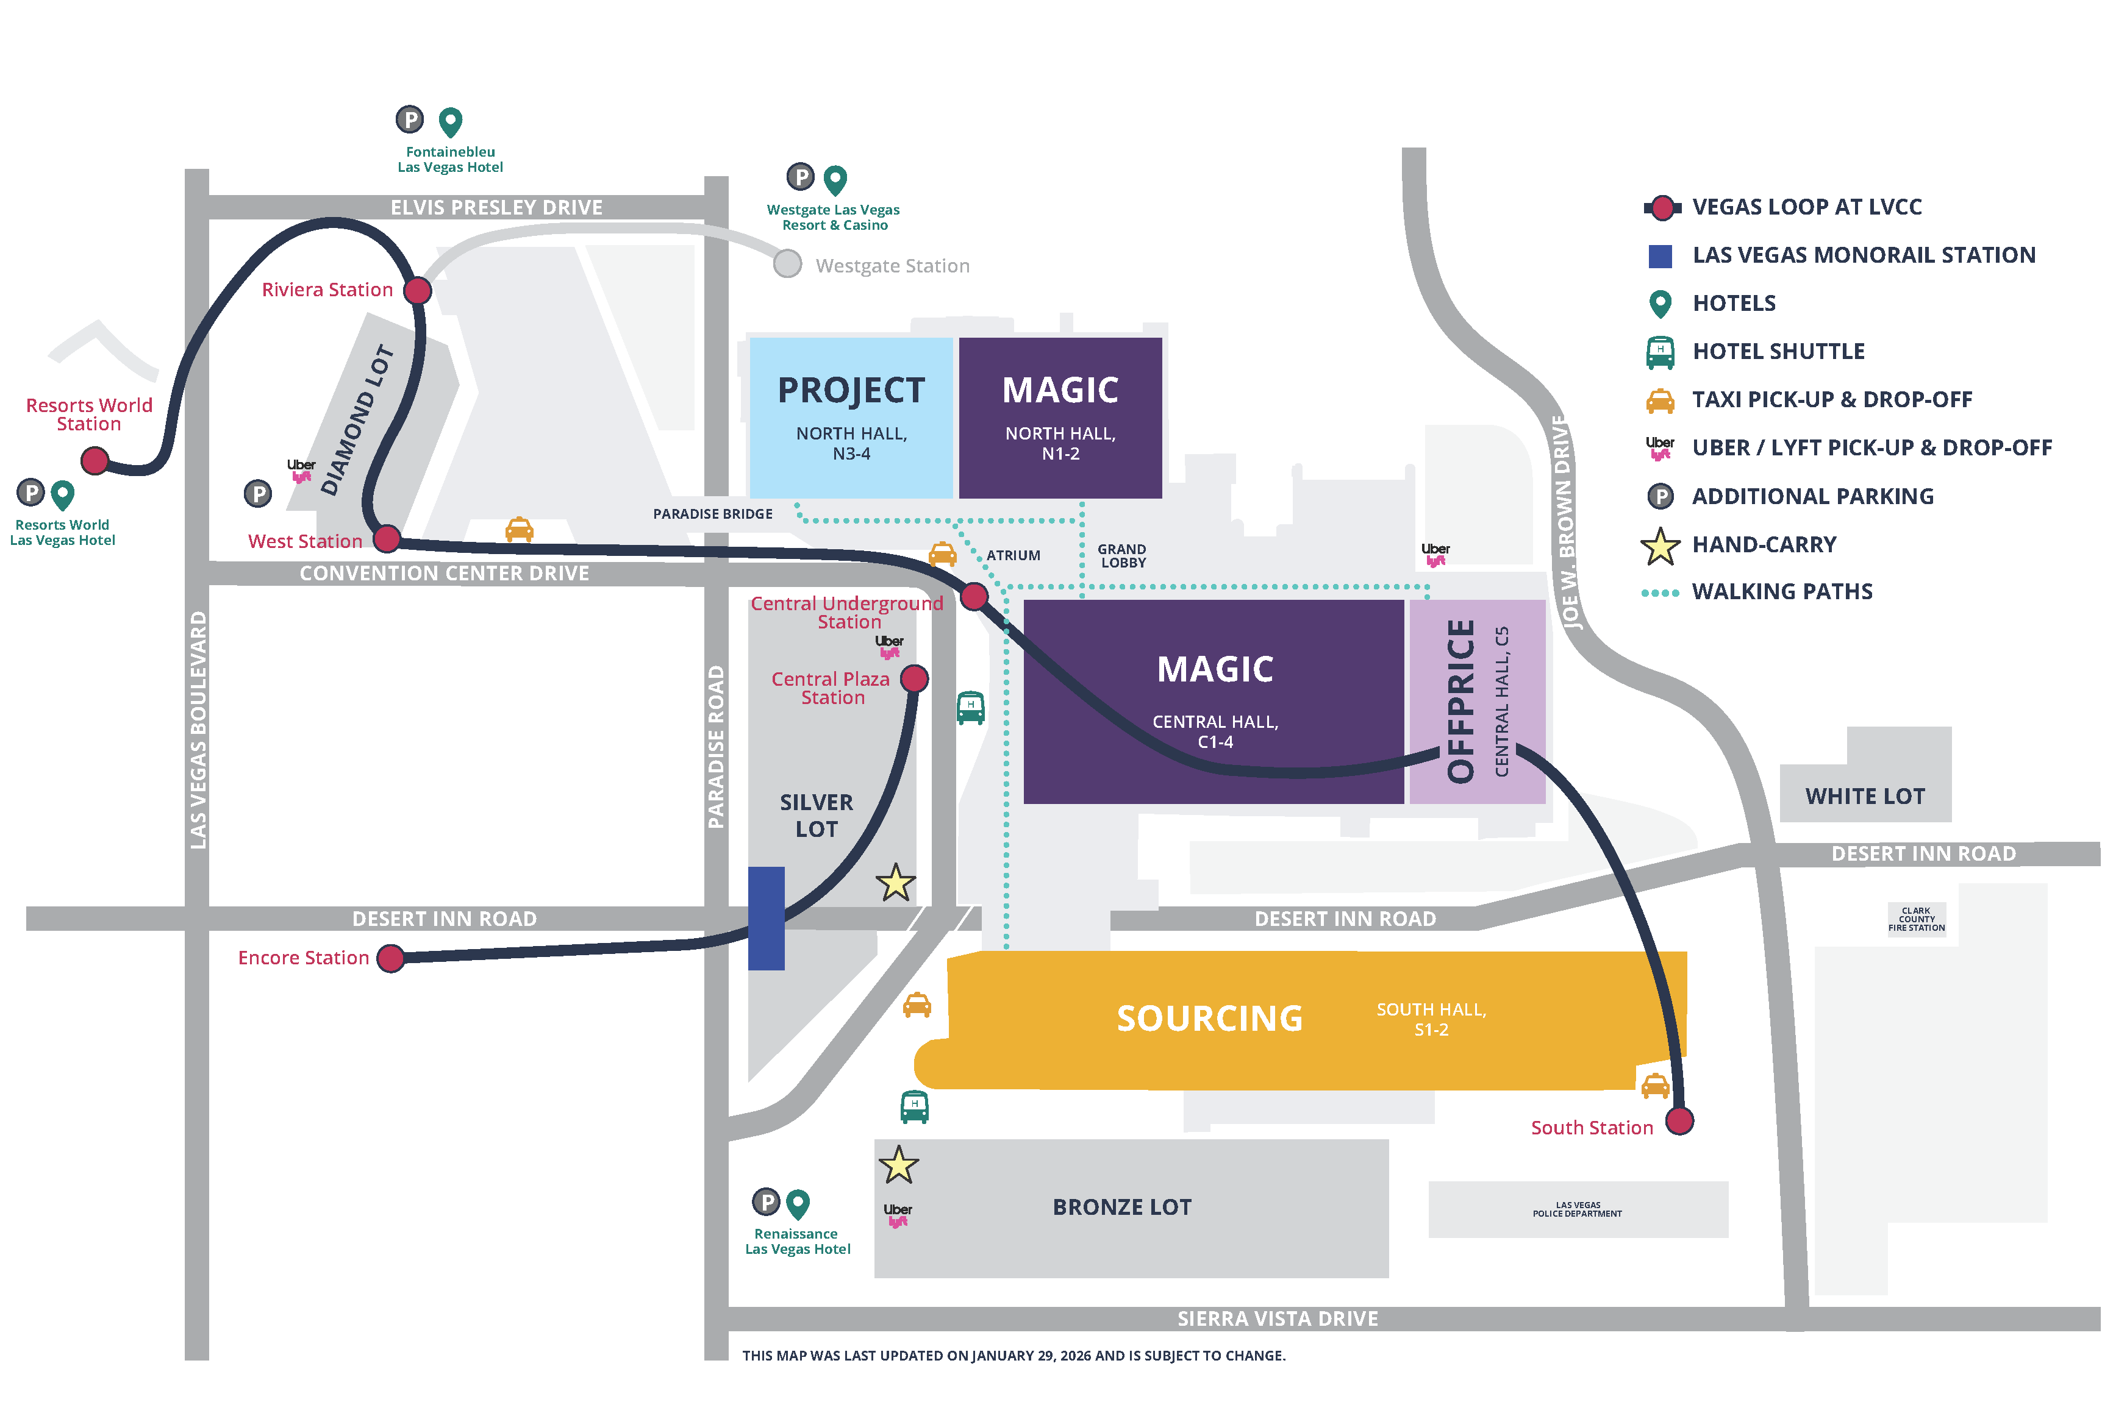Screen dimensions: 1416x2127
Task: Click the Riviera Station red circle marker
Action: [x=417, y=291]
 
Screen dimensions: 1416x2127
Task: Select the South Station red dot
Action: [x=1679, y=1121]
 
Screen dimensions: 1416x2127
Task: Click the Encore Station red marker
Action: [x=390, y=958]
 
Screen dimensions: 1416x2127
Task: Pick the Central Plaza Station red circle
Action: [x=914, y=678]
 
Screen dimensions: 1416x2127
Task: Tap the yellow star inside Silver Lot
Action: [x=895, y=883]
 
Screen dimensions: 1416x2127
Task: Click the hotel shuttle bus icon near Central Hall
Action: [x=970, y=707]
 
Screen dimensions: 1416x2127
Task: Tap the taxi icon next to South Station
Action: [x=1654, y=1086]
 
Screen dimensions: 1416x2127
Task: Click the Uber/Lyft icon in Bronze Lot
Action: [x=897, y=1215]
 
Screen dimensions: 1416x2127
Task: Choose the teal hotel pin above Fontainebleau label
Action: [x=450, y=121]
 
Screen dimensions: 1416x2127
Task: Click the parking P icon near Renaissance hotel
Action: [x=766, y=1202]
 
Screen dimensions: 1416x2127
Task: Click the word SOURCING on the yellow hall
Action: [x=1209, y=1019]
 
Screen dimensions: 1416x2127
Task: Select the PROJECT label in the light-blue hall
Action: [x=851, y=390]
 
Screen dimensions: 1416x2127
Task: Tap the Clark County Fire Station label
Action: [x=1915, y=919]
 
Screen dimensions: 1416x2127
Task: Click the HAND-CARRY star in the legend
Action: [x=1659, y=546]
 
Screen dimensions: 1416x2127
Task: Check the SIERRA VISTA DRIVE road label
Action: [x=1276, y=1318]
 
